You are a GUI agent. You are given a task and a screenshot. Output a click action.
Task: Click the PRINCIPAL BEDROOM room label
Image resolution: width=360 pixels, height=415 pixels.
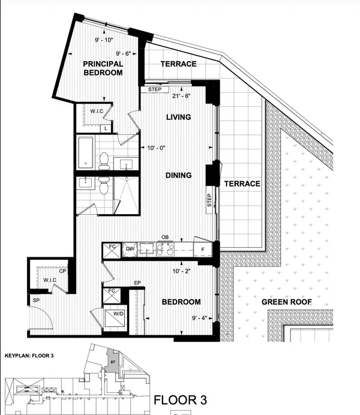103,68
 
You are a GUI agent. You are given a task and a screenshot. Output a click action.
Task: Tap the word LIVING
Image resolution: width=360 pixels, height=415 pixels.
178,117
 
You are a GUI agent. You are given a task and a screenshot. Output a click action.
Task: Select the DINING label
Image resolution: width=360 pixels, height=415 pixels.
178,175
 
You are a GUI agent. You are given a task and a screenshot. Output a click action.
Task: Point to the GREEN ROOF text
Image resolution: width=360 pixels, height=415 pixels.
286,302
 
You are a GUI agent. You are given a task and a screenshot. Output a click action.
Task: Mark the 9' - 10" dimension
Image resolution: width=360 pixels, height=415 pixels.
105,40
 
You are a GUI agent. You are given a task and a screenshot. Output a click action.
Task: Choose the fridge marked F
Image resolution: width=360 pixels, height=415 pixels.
203,249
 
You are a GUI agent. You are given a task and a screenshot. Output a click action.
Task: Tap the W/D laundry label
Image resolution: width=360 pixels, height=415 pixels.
112,313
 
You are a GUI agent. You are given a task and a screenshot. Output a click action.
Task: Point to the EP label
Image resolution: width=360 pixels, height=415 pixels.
137,282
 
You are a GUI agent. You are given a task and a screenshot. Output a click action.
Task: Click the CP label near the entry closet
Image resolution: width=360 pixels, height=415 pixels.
63,270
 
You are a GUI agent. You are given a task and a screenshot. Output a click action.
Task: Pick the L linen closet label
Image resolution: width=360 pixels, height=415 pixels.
106,128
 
